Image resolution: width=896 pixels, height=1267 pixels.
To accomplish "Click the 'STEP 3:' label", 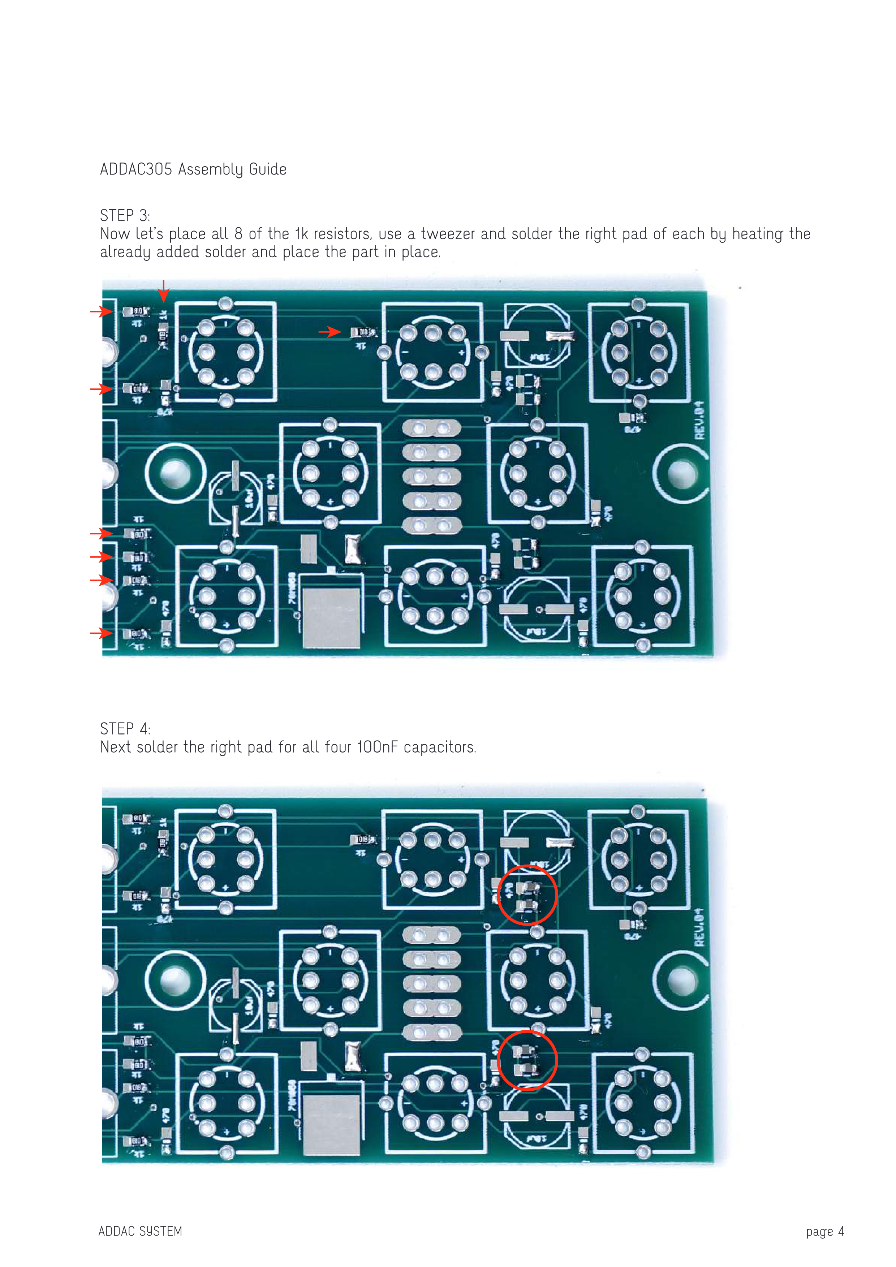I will pos(125,215).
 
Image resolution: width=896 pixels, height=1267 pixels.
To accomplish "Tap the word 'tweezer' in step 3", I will pos(447,234).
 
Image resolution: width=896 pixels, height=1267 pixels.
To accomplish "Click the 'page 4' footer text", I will pos(824,1231).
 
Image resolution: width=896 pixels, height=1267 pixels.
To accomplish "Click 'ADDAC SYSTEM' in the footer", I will pos(140,1231).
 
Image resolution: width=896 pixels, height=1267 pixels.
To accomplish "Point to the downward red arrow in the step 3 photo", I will pos(163,291).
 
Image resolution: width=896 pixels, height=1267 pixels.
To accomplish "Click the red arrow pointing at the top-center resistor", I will pos(330,332).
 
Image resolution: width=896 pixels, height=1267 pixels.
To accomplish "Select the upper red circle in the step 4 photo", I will pos(527,895).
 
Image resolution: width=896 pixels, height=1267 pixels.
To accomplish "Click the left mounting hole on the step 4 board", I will pos(176,981).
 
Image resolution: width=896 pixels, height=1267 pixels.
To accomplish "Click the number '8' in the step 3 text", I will pos(238,234).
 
